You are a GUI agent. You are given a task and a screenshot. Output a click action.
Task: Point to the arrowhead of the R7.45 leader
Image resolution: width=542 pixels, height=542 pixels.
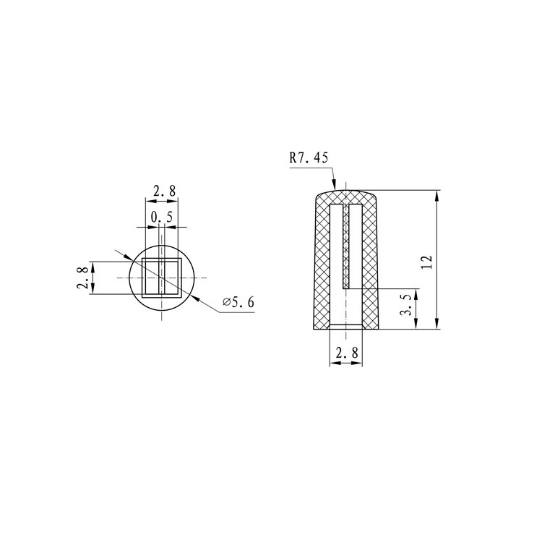pyautogui.click(x=334, y=187)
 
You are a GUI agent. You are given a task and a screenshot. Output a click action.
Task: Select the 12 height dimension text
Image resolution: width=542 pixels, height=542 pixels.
pyautogui.click(x=426, y=261)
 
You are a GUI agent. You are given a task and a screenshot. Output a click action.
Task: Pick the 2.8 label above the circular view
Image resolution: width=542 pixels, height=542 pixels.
pyautogui.click(x=162, y=192)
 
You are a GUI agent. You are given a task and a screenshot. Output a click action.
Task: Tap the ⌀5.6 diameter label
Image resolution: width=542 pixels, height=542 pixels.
pyautogui.click(x=238, y=302)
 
